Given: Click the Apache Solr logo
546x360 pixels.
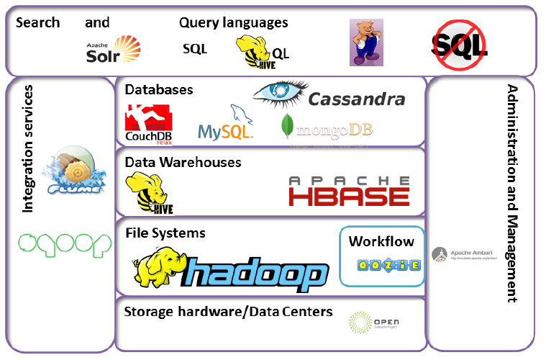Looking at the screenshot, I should pyautogui.click(x=112, y=50).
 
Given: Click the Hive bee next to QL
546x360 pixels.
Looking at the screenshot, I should pyautogui.click(x=252, y=53).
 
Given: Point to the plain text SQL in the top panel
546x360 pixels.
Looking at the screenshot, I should pyautogui.click(x=194, y=49).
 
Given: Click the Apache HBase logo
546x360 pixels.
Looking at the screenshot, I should pyautogui.click(x=349, y=191).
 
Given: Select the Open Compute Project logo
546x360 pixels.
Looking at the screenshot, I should pyautogui.click(x=373, y=322).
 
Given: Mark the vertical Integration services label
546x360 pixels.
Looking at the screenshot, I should pyautogui.click(x=28, y=150).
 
